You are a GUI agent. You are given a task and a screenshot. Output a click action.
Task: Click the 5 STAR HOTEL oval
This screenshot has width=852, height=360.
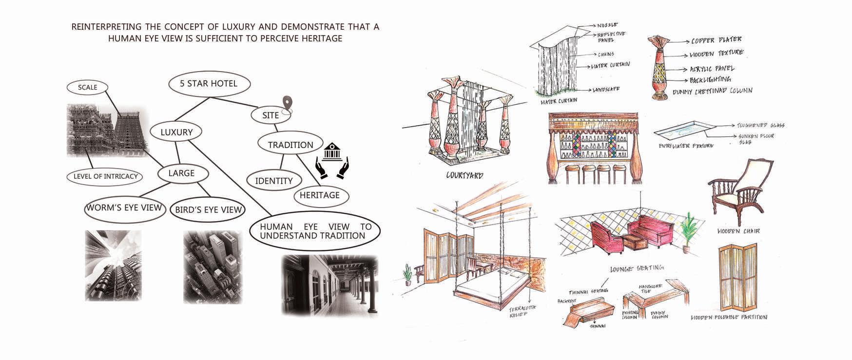(209, 84)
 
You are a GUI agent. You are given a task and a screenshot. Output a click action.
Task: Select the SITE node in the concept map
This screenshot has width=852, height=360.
(271, 115)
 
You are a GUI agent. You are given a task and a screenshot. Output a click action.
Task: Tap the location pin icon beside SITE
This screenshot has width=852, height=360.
(288, 104)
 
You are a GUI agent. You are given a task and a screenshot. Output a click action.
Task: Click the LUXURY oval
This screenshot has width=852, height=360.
(176, 132)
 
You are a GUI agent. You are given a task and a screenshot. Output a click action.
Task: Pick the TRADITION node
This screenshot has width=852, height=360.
(290, 145)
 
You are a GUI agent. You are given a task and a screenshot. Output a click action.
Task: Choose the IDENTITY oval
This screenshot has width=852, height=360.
(274, 181)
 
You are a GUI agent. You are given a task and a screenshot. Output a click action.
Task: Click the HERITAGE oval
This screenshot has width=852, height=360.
(320, 195)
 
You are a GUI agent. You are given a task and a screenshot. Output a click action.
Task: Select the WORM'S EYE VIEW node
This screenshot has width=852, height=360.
(124, 208)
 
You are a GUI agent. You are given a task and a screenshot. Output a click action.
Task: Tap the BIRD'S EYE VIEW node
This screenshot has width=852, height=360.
(207, 210)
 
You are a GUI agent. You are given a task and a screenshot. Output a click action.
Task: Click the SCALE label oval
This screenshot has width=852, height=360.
(88, 88)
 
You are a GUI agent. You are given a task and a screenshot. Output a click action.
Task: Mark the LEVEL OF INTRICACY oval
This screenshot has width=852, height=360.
(105, 176)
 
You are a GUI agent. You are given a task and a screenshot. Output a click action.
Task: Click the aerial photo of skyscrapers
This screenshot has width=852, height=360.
(213, 267)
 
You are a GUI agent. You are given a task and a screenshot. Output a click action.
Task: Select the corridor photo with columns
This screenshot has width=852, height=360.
(330, 285)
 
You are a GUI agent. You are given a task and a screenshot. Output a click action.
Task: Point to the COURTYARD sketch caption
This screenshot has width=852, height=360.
(465, 175)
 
